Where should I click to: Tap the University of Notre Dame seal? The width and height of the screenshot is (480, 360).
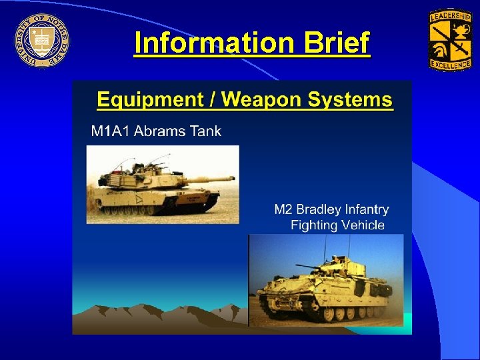point(41,39)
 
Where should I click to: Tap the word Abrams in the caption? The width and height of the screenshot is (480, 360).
point(160,131)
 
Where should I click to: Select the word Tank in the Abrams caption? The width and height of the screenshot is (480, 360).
point(206,131)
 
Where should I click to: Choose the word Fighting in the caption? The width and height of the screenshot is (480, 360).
point(314,225)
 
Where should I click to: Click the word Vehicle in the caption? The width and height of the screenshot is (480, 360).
point(363,225)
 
